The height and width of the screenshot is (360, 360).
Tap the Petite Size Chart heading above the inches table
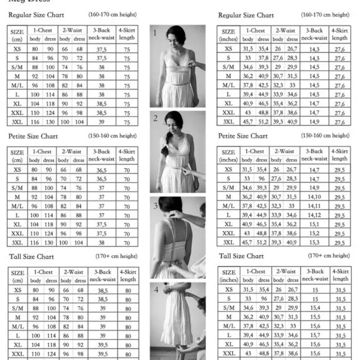243,136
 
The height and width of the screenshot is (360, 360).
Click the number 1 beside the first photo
155,32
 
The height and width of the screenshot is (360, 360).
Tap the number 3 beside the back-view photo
155,205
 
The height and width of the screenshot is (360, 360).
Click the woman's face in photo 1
178,37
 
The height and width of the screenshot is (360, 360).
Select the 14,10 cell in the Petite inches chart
315,196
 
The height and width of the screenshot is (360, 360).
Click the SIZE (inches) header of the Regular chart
228,35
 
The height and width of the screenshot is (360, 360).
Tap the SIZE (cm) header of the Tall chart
18,277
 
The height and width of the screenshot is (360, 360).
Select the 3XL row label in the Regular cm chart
18,122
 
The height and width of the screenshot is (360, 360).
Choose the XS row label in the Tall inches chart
228,289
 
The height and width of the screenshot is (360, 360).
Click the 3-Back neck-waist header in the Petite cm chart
101,155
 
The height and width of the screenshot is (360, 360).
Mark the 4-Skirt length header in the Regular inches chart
340,34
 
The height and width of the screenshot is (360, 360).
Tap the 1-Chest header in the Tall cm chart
42,272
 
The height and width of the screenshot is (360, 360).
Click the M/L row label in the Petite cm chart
18,205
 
